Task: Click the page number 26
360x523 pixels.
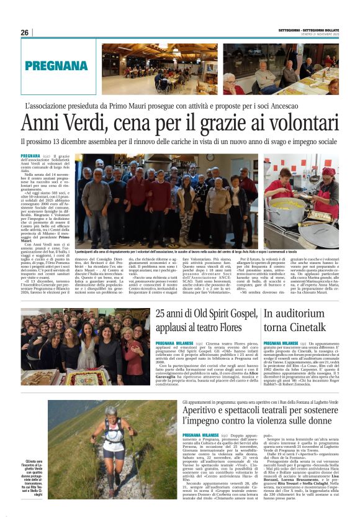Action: click(25, 32)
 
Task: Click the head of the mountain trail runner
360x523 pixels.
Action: click(112, 412)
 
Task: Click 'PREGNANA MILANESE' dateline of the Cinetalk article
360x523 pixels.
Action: click(281, 343)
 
